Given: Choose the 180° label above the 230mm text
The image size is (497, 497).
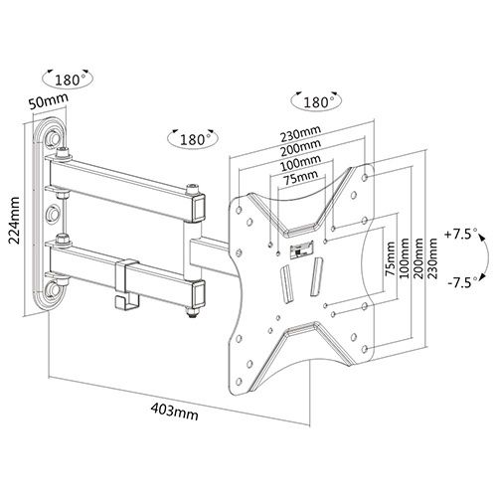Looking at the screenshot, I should [x=312, y=102].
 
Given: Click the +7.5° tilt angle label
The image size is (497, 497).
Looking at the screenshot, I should [x=461, y=235].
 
